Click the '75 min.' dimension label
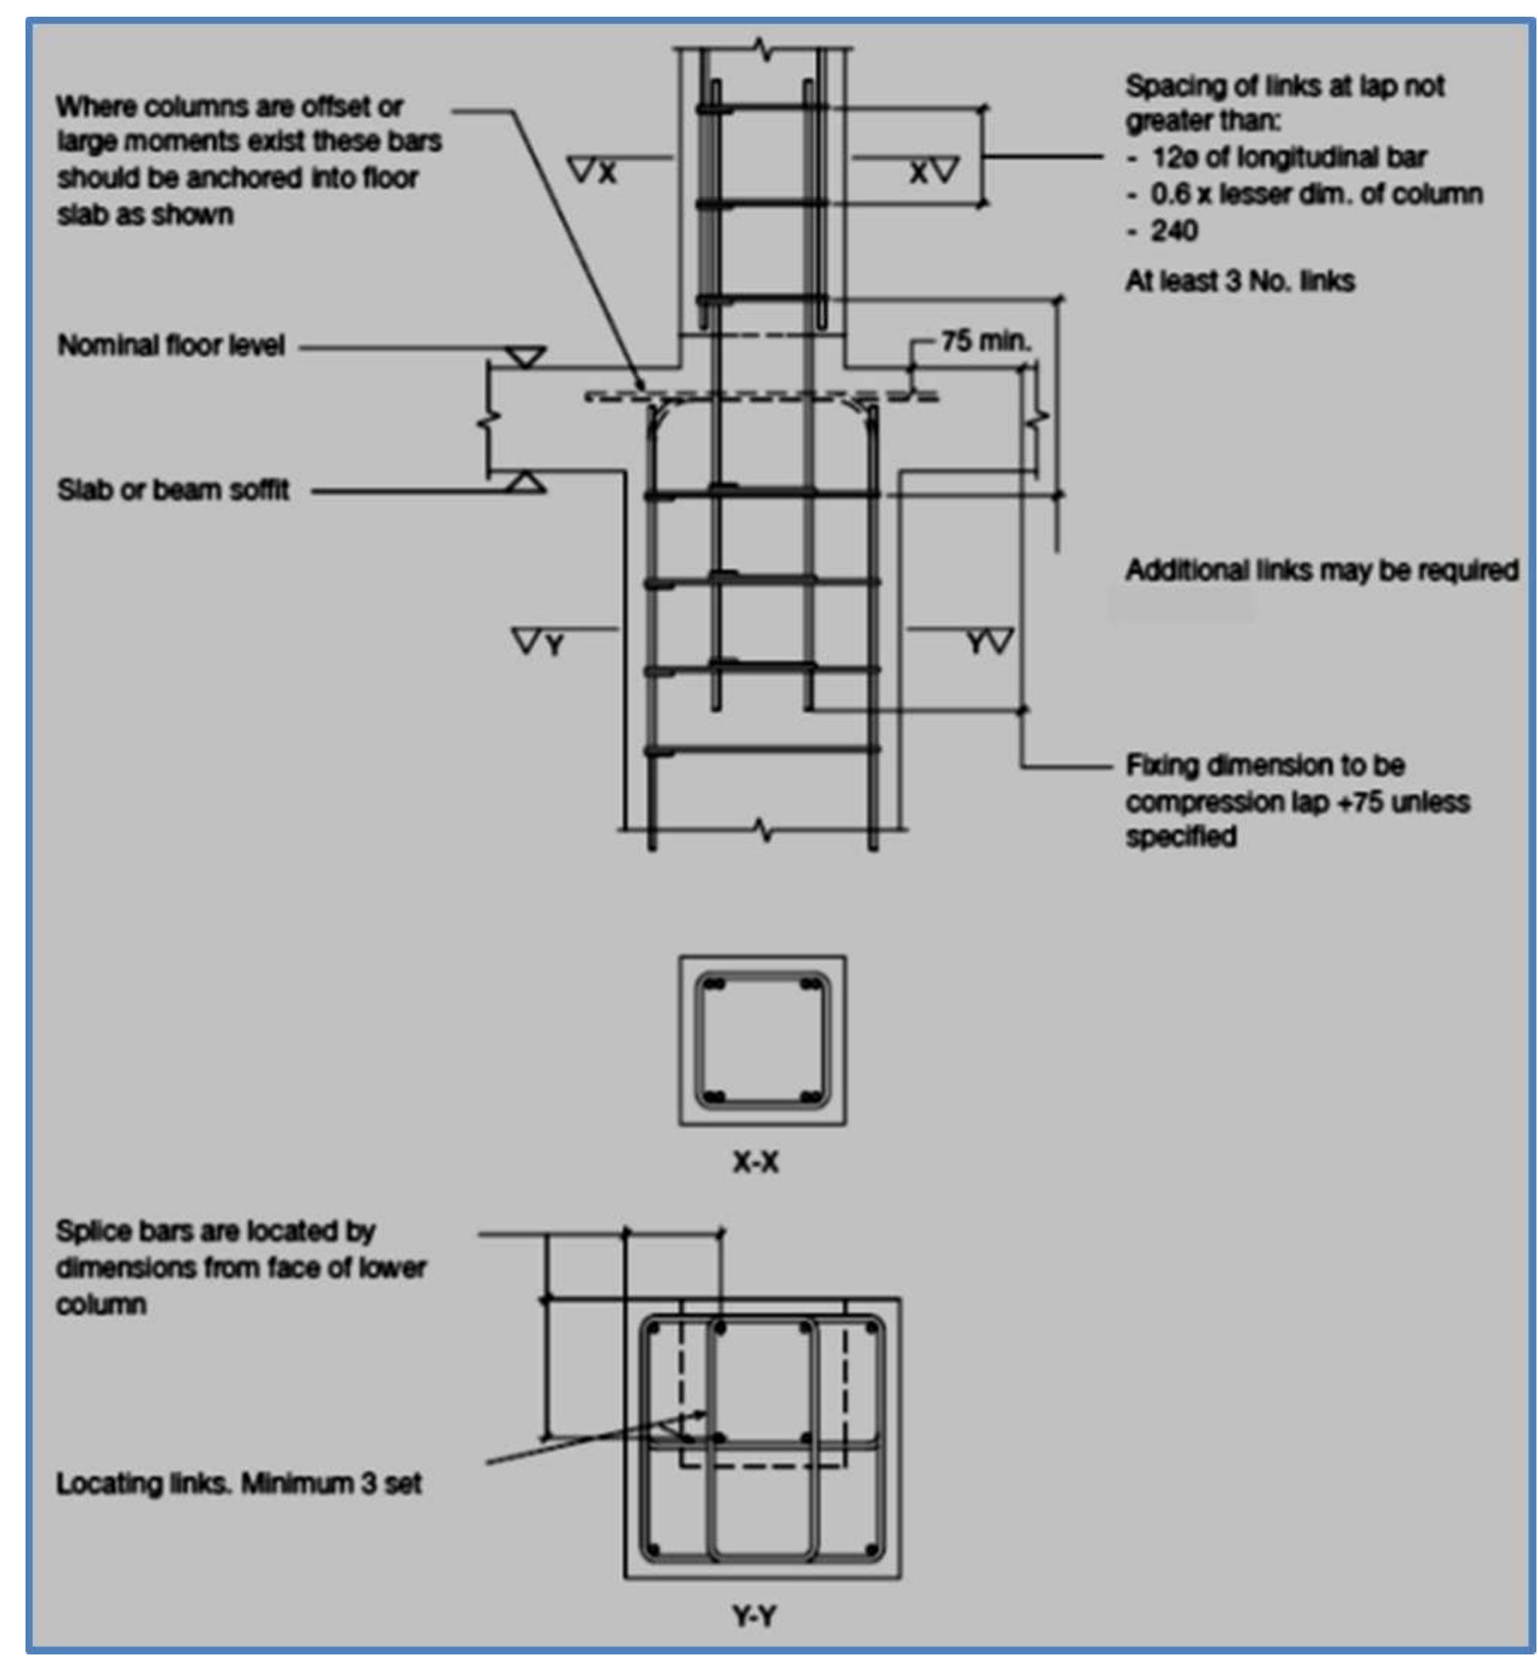985,341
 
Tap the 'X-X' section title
755,1162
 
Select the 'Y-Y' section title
754,1616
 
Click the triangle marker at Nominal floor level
526,357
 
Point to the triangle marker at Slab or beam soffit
526,482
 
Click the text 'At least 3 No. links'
1239,281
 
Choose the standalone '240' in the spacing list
1173,230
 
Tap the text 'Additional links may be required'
1321,570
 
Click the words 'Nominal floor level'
170,346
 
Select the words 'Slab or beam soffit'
173,490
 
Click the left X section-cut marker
593,171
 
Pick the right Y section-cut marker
989,642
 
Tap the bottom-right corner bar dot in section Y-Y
871,1549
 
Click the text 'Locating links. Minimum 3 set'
239,1482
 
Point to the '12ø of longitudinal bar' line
1289,158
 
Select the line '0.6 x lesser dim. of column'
1316,194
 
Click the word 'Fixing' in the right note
1160,764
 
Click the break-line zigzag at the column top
762,50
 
